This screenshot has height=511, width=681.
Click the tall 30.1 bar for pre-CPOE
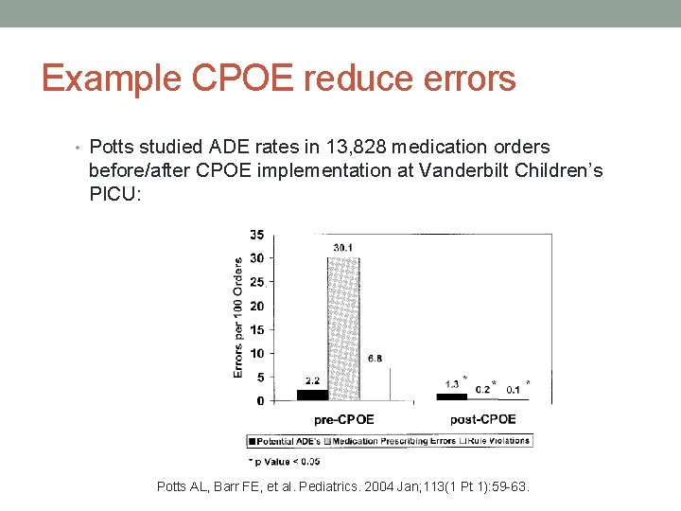click(344, 327)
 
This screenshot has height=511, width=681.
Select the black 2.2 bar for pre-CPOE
click(313, 395)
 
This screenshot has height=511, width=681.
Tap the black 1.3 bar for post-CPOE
click(451, 396)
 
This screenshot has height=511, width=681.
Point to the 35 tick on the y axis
click(256, 234)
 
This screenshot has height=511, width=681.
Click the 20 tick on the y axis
click(256, 306)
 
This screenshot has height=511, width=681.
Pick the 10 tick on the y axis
click(256, 353)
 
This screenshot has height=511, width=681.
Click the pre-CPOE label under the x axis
click(342, 419)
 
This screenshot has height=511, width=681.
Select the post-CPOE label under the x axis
click(482, 419)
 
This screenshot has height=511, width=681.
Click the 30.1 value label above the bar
click(344, 248)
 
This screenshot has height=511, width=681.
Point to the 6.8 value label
click(375, 359)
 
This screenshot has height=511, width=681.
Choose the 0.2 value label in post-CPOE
click(482, 388)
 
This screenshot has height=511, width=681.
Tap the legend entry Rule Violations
click(496, 441)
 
